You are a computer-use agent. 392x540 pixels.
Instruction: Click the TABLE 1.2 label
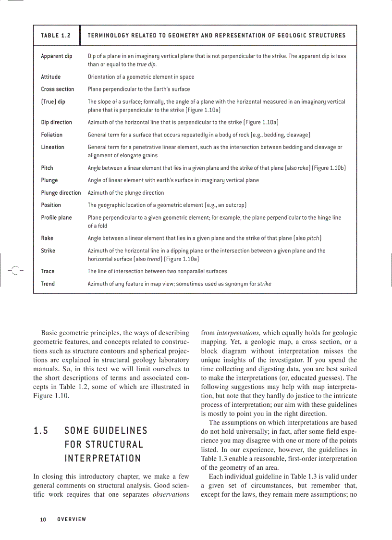tap(56, 36)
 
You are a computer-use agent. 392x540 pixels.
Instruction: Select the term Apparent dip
tap(56, 56)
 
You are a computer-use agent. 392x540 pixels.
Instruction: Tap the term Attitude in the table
tap(50, 77)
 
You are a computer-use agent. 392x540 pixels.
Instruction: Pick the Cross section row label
tap(57, 89)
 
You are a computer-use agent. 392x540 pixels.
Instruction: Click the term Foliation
tap(51, 135)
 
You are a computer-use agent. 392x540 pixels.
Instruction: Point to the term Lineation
tap(52, 147)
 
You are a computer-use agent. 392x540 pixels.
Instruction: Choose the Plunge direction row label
tap(61, 193)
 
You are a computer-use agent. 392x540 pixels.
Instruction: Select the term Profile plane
tap(56, 218)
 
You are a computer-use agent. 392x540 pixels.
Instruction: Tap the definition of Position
tap(167, 205)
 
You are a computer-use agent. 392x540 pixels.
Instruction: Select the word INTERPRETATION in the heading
tap(102, 458)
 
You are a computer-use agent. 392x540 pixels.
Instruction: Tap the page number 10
tap(43, 519)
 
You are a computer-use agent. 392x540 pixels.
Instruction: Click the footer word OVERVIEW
tap(71, 519)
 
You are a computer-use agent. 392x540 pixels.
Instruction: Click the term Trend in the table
tap(48, 284)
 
